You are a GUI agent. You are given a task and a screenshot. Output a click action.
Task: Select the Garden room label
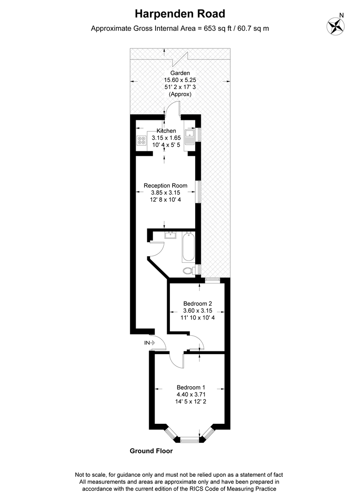pyautogui.click(x=180, y=73)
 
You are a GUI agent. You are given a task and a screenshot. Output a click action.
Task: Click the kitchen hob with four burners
pyautogui.click(x=141, y=141)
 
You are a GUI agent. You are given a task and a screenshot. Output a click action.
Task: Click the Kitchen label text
pyautogui.click(x=166, y=131)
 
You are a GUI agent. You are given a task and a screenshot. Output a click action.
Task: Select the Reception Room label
pyautogui.click(x=166, y=185)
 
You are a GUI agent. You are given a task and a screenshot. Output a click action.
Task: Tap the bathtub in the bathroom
pyautogui.click(x=188, y=248)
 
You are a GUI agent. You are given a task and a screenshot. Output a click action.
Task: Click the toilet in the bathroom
pyautogui.click(x=189, y=271)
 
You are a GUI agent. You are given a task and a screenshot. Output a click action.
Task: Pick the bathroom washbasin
pyautogui.click(x=170, y=235)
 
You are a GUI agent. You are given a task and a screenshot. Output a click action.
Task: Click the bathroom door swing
pyautogui.click(x=156, y=249)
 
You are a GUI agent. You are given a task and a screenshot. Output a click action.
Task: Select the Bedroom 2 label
pyautogui.click(x=198, y=303)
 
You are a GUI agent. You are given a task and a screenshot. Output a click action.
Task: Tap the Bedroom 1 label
pyautogui.click(x=191, y=387)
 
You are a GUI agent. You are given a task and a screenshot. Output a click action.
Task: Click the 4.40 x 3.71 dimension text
pyautogui.click(x=191, y=395)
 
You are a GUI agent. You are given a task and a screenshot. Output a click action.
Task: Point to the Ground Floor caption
pyautogui.click(x=151, y=451)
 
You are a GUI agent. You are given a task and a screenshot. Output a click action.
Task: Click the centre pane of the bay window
pyautogui.click(x=189, y=440)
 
